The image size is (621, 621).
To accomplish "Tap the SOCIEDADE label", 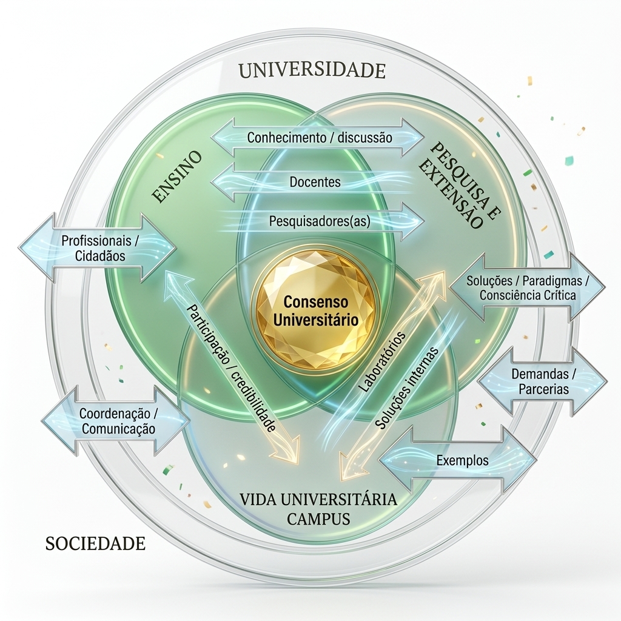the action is [x=95, y=543].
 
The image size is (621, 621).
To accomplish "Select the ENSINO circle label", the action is [x=177, y=176].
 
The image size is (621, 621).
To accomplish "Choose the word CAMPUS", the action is [x=318, y=519].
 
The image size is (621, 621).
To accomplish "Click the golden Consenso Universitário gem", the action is [x=315, y=311].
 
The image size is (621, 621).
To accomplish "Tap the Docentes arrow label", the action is [x=315, y=182].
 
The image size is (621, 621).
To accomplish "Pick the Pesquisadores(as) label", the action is [x=320, y=221].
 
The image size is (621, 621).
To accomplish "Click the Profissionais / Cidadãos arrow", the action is [x=98, y=248].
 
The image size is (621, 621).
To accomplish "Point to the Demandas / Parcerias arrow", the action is [x=543, y=381].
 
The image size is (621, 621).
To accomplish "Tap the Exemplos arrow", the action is [x=457, y=460].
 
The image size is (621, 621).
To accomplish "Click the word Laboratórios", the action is [x=382, y=361].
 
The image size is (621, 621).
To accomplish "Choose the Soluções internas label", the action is [x=406, y=389].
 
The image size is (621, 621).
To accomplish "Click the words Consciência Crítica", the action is [x=528, y=295].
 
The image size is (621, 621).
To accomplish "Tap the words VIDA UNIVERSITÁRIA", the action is [x=318, y=499].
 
